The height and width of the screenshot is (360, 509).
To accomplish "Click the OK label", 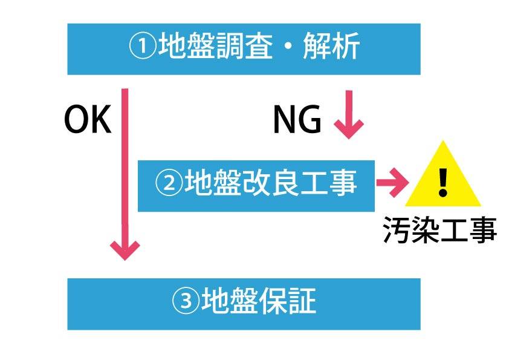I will (88, 120).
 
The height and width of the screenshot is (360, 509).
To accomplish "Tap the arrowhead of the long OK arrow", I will (125, 249).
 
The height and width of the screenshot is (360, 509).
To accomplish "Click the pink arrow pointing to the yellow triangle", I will (391, 183).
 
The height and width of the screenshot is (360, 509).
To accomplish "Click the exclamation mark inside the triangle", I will (444, 181).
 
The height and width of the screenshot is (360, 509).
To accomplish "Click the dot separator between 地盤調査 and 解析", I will (288, 48).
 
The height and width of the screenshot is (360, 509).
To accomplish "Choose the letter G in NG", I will (310, 120).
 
